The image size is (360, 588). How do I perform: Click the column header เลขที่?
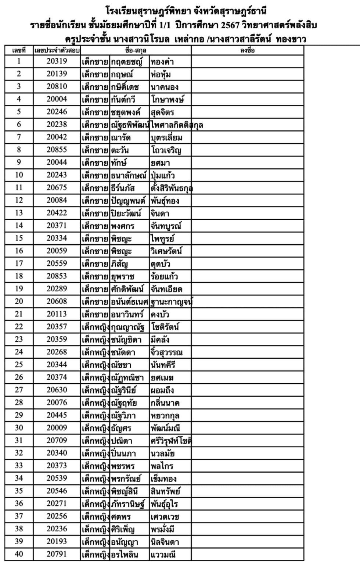(x=19, y=50)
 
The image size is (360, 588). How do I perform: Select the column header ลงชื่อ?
(x=247, y=50)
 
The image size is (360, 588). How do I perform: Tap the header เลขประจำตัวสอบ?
(x=57, y=50)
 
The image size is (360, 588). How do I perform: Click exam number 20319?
(x=57, y=61)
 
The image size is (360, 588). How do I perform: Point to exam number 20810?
(x=57, y=87)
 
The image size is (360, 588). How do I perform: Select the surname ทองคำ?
(x=162, y=62)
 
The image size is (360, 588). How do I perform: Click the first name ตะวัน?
(x=120, y=150)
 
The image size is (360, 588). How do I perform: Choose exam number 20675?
(x=57, y=188)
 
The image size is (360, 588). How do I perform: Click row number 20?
(x=19, y=301)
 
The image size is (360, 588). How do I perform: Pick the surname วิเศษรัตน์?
(x=166, y=251)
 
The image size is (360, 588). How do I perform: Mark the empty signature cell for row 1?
(x=247, y=62)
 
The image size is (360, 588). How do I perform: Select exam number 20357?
(x=57, y=327)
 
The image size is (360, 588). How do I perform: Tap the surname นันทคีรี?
(x=163, y=365)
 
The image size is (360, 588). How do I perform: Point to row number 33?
(x=19, y=466)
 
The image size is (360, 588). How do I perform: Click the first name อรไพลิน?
(x=125, y=555)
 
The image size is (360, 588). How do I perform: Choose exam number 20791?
(x=57, y=554)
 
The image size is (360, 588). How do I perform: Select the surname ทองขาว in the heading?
(x=291, y=39)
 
